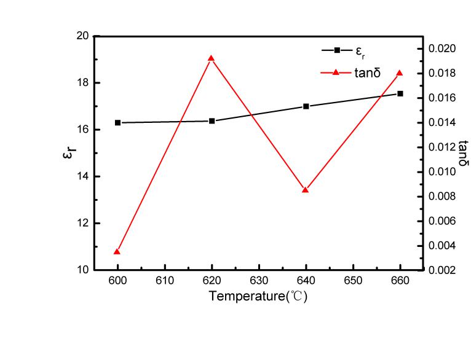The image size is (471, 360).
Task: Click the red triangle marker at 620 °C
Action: [212, 58]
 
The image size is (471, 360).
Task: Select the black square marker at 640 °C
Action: [306, 106]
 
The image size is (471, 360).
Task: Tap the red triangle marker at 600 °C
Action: [117, 251]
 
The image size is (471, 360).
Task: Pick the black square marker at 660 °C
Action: [400, 93]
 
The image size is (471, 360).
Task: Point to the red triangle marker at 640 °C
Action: [306, 190]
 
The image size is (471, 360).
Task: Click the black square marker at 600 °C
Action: [117, 122]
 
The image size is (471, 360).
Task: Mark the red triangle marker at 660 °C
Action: [400, 73]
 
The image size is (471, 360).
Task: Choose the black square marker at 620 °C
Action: [212, 121]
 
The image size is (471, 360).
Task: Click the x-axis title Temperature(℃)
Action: [258, 296]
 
